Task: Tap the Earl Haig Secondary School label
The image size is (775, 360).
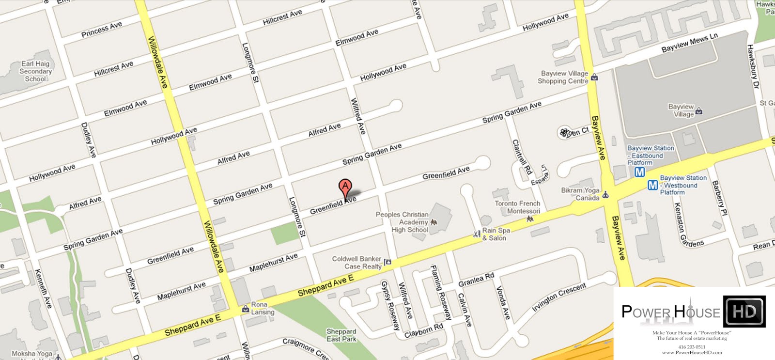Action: click(x=35, y=71)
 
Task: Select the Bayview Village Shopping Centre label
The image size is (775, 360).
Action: click(x=563, y=77)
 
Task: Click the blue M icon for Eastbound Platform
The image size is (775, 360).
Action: click(x=640, y=172)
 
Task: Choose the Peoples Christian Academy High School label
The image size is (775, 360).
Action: click(x=403, y=222)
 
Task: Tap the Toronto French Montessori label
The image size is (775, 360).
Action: click(x=517, y=207)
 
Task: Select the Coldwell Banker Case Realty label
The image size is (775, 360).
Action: click(x=357, y=263)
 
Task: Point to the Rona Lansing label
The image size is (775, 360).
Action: click(x=262, y=308)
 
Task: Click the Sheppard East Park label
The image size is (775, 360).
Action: click(x=341, y=335)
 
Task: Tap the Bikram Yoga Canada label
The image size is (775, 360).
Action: click(x=580, y=194)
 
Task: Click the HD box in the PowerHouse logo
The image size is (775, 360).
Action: click(x=744, y=312)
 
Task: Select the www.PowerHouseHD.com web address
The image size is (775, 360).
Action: click(x=692, y=353)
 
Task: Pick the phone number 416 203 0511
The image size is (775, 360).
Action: click(x=692, y=347)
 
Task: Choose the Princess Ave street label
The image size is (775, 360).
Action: click(x=102, y=29)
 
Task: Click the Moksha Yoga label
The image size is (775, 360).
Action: click(x=32, y=354)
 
